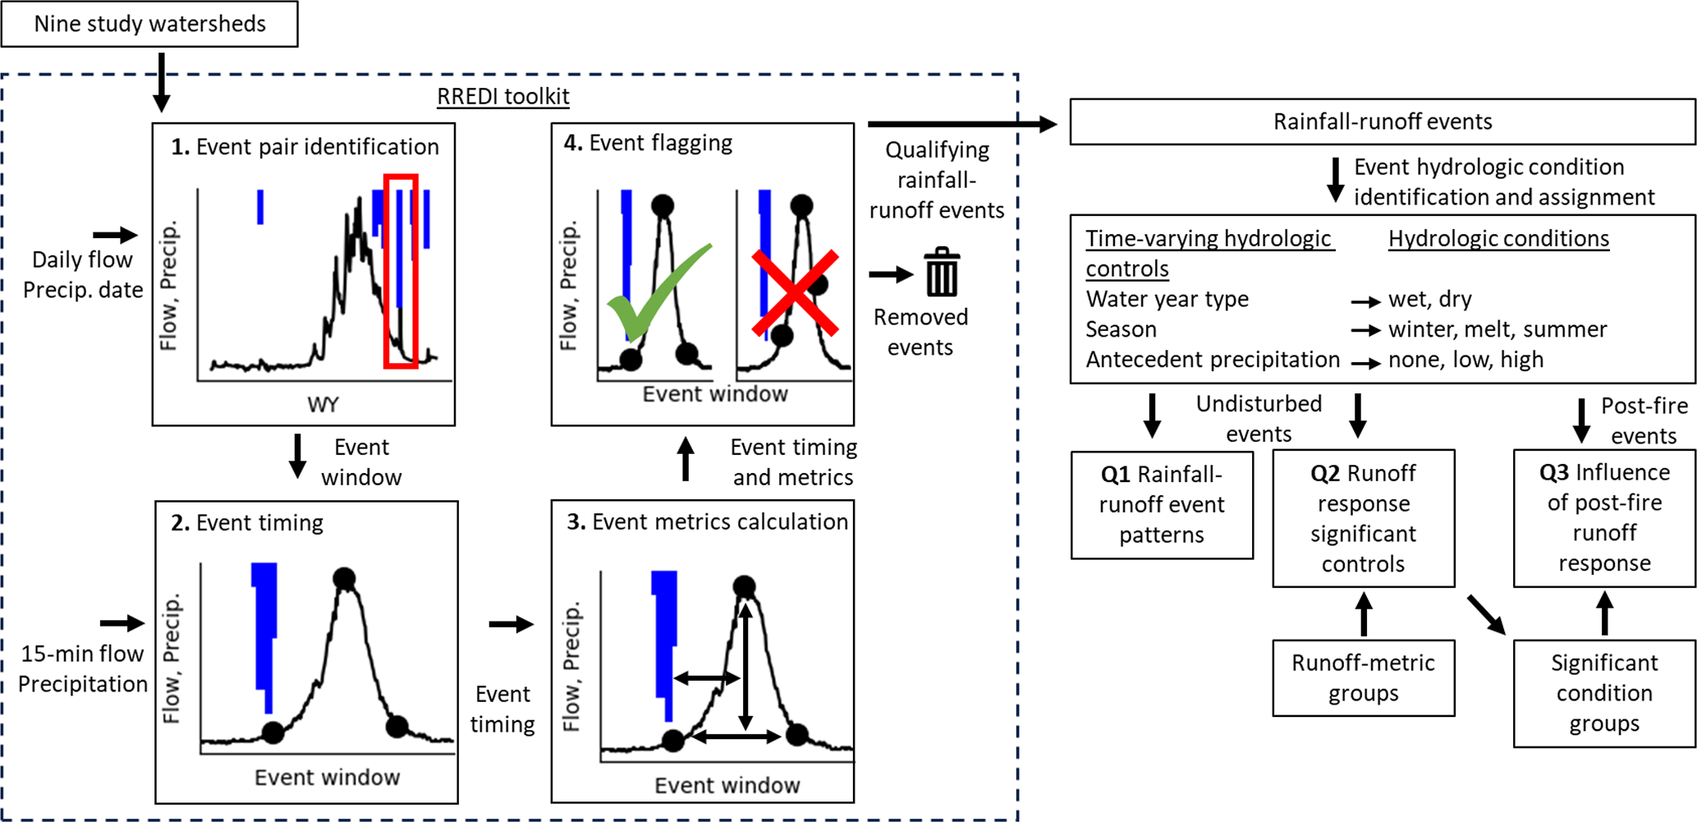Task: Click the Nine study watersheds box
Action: pos(149,24)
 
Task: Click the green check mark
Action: pos(657,292)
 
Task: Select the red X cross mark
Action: pos(796,293)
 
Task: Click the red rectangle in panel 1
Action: pos(401,270)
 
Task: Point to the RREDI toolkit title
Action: pos(502,97)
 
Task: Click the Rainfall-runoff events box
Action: pos(1383,122)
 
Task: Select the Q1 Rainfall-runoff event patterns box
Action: pos(1162,504)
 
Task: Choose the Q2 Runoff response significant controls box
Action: pos(1363,518)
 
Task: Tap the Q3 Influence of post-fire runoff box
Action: pos(1604,517)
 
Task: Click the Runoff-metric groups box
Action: pos(1363,677)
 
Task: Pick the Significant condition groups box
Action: pos(1604,693)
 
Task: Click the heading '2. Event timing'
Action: pos(247,523)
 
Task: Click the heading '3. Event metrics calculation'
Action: pos(707,522)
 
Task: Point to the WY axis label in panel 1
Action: pos(323,405)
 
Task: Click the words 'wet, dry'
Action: pos(1429,299)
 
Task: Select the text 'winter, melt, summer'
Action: pos(1497,329)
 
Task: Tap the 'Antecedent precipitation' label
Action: pos(1212,360)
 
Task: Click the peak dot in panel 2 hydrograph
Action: pos(344,579)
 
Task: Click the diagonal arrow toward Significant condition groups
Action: pos(1486,615)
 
